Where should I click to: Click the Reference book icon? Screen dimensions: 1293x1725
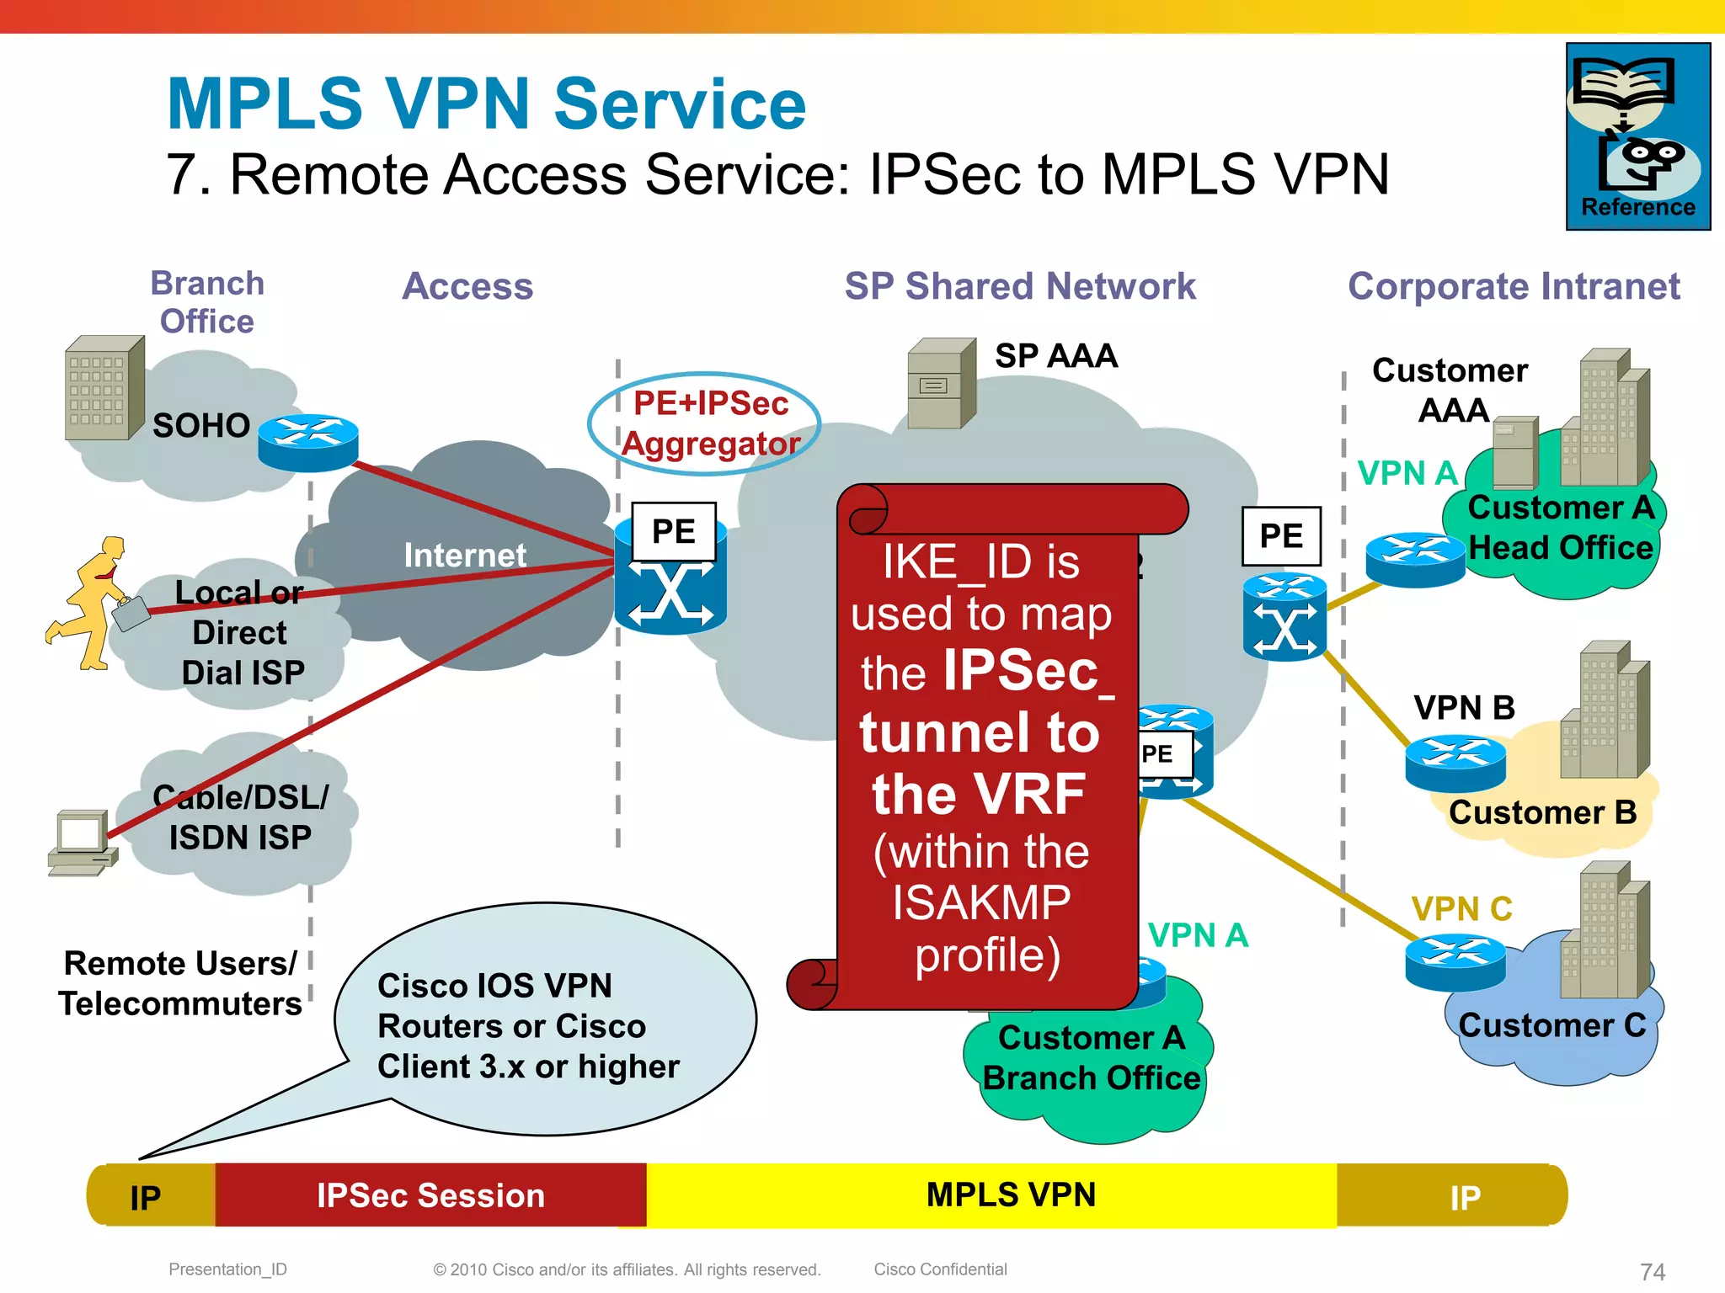[1637, 135]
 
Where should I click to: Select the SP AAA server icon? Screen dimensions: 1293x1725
[941, 384]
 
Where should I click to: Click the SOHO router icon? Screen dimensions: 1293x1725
[307, 442]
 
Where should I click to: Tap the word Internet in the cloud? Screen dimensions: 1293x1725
[464, 556]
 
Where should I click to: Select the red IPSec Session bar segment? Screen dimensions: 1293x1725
[430, 1195]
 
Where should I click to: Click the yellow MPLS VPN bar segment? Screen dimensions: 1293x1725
[1010, 1195]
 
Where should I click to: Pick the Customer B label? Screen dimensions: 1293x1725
[1542, 813]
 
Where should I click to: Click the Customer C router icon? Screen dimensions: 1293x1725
[1455, 963]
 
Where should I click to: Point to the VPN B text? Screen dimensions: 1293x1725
[1464, 708]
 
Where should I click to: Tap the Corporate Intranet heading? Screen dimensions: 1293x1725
[1514, 286]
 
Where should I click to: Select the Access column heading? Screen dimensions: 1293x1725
[467, 286]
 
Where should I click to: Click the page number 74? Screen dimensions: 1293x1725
[1653, 1271]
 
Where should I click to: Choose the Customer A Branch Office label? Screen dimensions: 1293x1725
[1091, 1058]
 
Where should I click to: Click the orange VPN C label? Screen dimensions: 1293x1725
[1461, 909]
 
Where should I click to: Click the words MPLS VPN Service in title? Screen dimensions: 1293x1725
[486, 104]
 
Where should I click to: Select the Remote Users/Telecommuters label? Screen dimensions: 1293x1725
[179, 983]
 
